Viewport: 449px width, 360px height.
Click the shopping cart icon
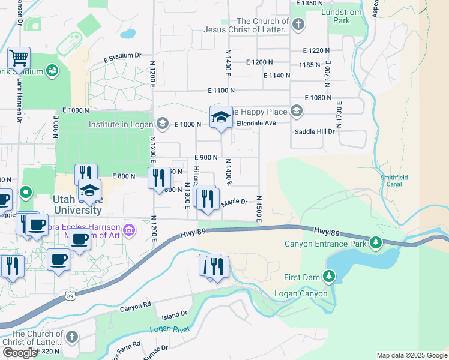tap(19, 59)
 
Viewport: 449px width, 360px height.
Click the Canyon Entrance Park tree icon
tap(376, 242)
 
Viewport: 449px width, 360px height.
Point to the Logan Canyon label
tap(301, 293)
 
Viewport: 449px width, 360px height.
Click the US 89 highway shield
tap(71, 296)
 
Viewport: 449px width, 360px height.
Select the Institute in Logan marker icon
tap(161, 124)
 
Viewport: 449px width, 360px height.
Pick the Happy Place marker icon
tap(296, 111)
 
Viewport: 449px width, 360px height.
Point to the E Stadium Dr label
tap(122, 57)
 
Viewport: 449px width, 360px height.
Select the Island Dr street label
tap(175, 314)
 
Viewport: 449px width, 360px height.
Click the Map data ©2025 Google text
tap(412, 355)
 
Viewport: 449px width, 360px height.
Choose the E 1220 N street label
tap(317, 51)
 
